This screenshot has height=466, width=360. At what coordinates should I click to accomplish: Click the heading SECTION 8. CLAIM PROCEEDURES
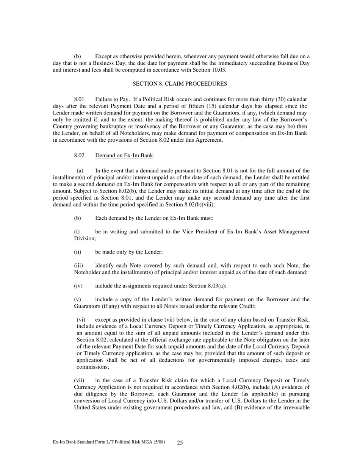(180, 83)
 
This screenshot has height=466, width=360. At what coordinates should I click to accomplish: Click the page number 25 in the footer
(180, 443)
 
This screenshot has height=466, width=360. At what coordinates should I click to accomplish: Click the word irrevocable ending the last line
(296, 407)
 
